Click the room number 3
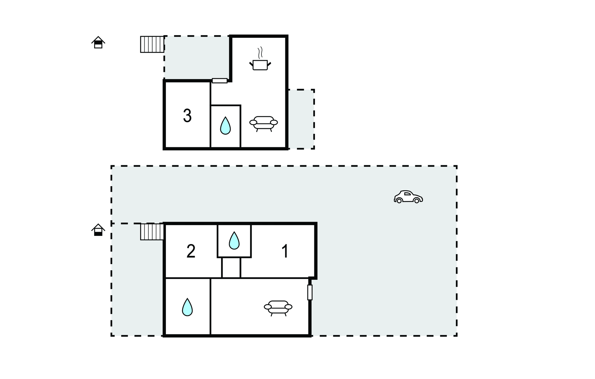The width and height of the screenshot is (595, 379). tap(187, 115)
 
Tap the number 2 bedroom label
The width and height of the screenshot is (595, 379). tap(191, 251)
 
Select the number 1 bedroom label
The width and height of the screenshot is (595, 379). tap(285, 251)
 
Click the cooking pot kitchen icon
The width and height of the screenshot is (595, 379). tap(260, 65)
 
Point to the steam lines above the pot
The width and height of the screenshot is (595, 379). tap(260, 53)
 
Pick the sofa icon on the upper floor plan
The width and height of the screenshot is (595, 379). tap(264, 124)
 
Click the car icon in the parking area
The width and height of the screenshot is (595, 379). tap(408, 197)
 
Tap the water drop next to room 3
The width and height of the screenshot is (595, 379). tap(225, 126)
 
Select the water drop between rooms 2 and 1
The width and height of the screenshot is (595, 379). tap(234, 241)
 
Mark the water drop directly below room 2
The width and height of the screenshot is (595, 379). tap(187, 307)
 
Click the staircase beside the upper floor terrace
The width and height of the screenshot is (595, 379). tap(152, 44)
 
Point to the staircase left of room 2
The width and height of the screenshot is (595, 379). tap(152, 232)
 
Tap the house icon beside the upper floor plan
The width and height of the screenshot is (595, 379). tap(98, 42)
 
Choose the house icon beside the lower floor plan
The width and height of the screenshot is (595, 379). tap(98, 230)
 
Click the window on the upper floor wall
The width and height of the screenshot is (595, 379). tap(220, 81)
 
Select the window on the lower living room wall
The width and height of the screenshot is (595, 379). tap(310, 292)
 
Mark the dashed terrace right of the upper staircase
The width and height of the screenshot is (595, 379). tap(197, 58)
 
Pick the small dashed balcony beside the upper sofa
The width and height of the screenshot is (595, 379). tap(301, 119)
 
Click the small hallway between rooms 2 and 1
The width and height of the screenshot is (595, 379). tap(231, 268)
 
